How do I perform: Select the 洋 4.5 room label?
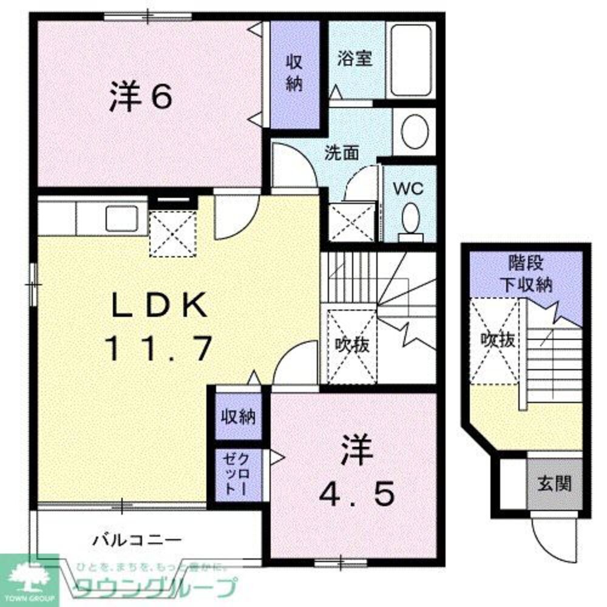[x=357, y=473]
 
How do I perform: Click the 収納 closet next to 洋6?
[x=294, y=73]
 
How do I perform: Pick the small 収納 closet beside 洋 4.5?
[x=237, y=417]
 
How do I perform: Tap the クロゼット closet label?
[x=237, y=474]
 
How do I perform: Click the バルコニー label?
[x=137, y=538]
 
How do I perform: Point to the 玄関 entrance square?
[x=554, y=484]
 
